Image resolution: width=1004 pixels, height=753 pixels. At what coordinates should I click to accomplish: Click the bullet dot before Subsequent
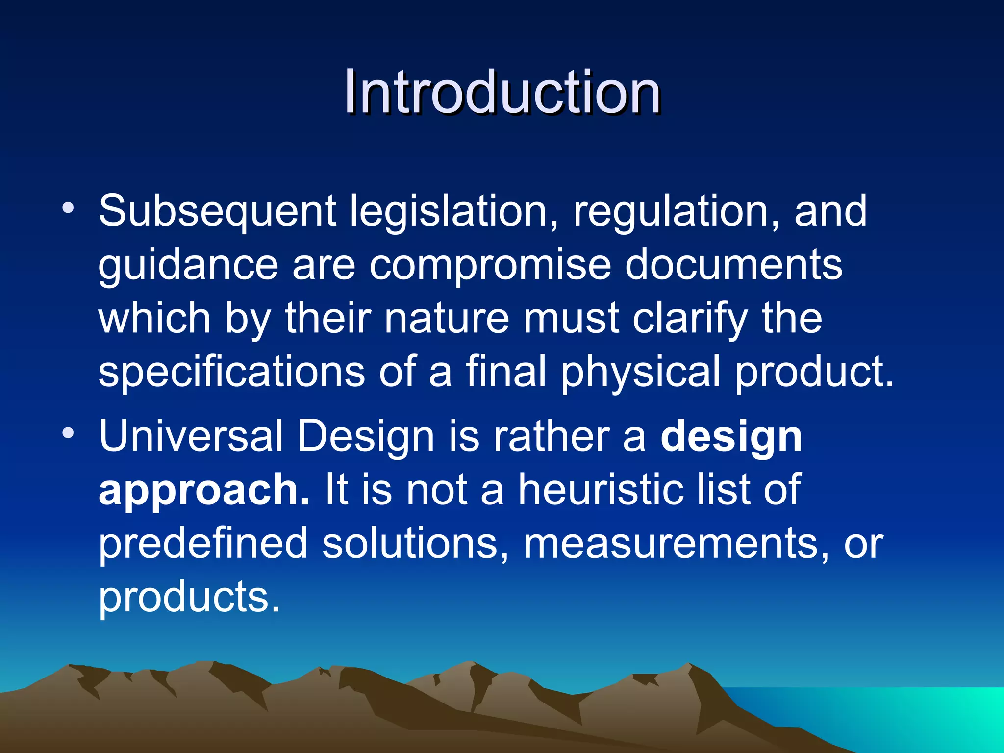(68, 208)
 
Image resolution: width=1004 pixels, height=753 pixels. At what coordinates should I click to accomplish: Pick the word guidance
(188, 266)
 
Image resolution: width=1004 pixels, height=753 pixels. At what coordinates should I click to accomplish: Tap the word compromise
(490, 265)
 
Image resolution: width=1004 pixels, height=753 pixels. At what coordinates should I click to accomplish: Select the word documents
(733, 265)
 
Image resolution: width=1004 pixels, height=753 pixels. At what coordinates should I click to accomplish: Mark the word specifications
(231, 373)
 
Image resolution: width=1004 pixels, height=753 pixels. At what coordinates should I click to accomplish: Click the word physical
(640, 373)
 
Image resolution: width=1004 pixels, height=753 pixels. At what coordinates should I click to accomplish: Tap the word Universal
(191, 436)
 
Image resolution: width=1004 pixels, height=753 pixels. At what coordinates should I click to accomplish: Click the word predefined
(203, 544)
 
